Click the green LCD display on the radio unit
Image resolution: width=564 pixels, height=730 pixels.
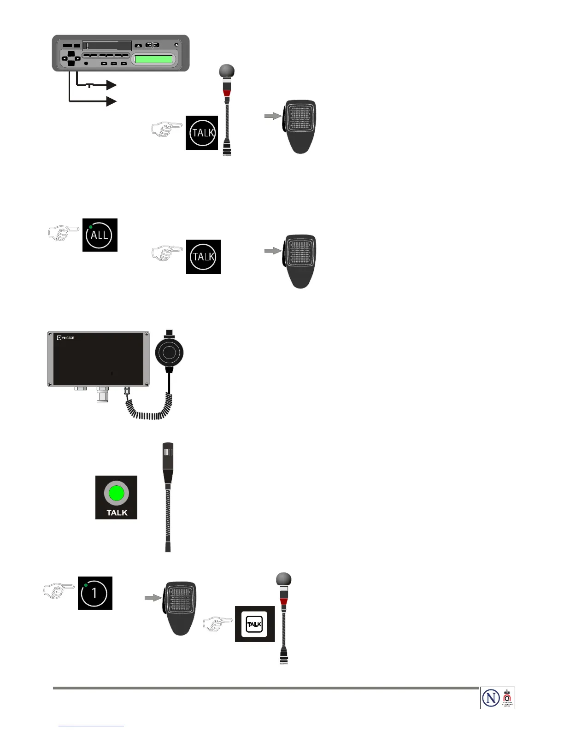pos(153,59)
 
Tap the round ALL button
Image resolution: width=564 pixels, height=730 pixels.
pos(100,235)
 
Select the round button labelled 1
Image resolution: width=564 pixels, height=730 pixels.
pos(94,593)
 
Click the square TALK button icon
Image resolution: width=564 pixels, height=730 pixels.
pos(254,624)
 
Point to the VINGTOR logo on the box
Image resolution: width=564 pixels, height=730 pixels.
pos(65,338)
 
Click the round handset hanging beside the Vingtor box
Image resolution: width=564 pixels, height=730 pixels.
pos(170,353)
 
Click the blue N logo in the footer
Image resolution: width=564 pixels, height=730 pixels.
pos(491,698)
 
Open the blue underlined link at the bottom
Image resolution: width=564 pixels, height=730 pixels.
pos(92,726)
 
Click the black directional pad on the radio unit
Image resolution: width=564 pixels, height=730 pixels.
pos(71,59)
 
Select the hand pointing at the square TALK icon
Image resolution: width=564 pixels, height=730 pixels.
pos(217,624)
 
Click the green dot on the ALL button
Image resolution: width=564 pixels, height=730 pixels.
pos(91,227)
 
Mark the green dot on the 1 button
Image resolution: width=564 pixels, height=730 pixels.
pos(86,585)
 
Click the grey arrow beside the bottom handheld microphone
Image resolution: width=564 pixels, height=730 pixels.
pos(153,598)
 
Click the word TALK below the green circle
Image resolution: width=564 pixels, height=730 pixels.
pos(117,512)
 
